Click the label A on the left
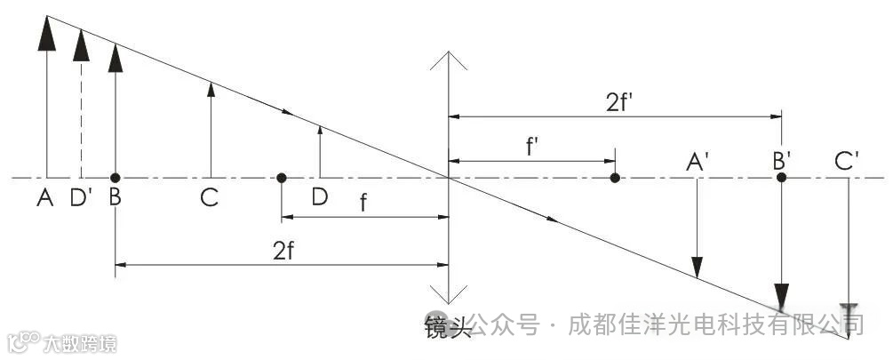point(44,198)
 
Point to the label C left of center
point(210,198)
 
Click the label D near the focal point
point(319,198)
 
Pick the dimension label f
point(363,202)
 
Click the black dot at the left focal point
point(281,178)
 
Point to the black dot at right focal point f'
point(615,178)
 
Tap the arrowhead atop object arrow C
point(211,85)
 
